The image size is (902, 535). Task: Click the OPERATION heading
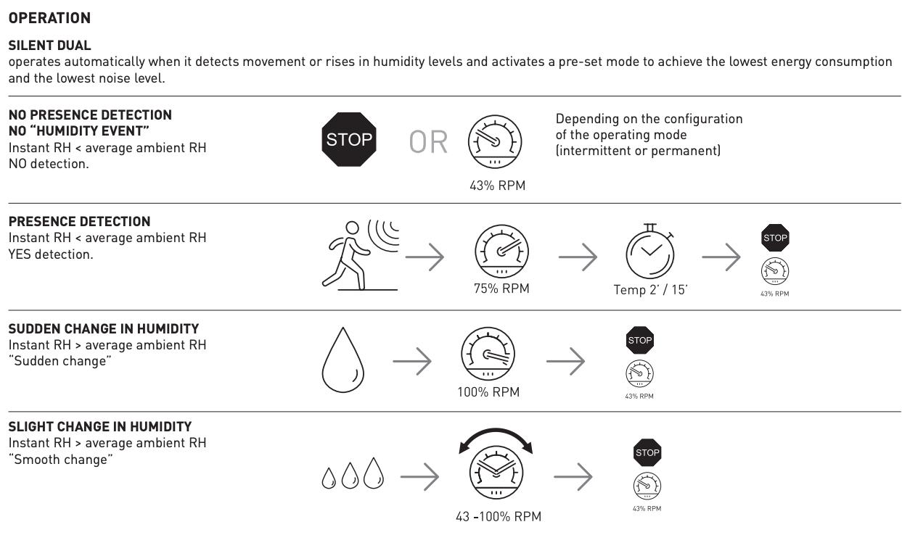point(49,18)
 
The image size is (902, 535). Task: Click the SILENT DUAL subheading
point(49,46)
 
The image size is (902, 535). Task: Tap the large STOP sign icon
point(349,139)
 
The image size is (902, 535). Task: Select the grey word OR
point(428,142)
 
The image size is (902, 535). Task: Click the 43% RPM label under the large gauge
point(497,186)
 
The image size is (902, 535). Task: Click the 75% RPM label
point(501,289)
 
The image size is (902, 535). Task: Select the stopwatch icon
point(650,252)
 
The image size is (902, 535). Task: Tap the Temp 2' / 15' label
point(650,290)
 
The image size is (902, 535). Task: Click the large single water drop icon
point(343,360)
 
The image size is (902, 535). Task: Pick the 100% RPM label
point(488,391)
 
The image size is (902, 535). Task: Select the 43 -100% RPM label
point(499,516)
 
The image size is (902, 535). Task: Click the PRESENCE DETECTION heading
point(79,222)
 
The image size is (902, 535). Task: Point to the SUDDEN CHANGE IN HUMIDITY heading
point(104,328)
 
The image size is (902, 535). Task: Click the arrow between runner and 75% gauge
point(425,257)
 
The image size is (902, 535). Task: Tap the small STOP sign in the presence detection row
point(775,238)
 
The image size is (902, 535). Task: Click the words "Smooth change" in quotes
point(60,460)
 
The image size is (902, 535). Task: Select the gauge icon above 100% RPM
point(488,354)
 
